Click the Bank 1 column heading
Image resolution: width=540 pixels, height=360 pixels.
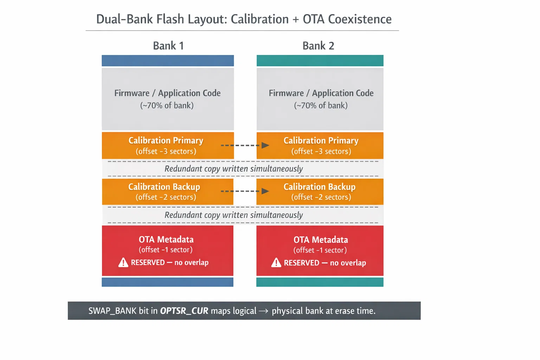point(168,46)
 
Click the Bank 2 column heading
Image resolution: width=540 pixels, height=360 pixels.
point(318,46)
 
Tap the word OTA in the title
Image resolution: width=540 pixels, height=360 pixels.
point(314,19)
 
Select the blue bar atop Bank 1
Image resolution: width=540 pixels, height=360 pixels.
point(168,60)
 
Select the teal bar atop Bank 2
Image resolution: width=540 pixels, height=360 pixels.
point(320,60)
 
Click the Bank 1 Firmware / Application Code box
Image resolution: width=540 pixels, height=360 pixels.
point(168,99)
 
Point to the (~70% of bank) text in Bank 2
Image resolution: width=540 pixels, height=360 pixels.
point(321,105)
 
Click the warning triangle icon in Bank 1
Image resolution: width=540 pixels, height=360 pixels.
point(123,263)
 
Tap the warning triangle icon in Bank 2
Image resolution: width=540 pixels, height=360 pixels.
point(276,263)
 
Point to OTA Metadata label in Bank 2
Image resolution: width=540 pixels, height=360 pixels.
point(321,240)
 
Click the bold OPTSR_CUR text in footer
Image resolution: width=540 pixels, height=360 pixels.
point(184,311)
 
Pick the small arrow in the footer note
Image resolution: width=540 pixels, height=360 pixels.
point(264,311)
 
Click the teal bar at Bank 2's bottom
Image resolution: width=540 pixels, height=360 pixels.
point(320,282)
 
